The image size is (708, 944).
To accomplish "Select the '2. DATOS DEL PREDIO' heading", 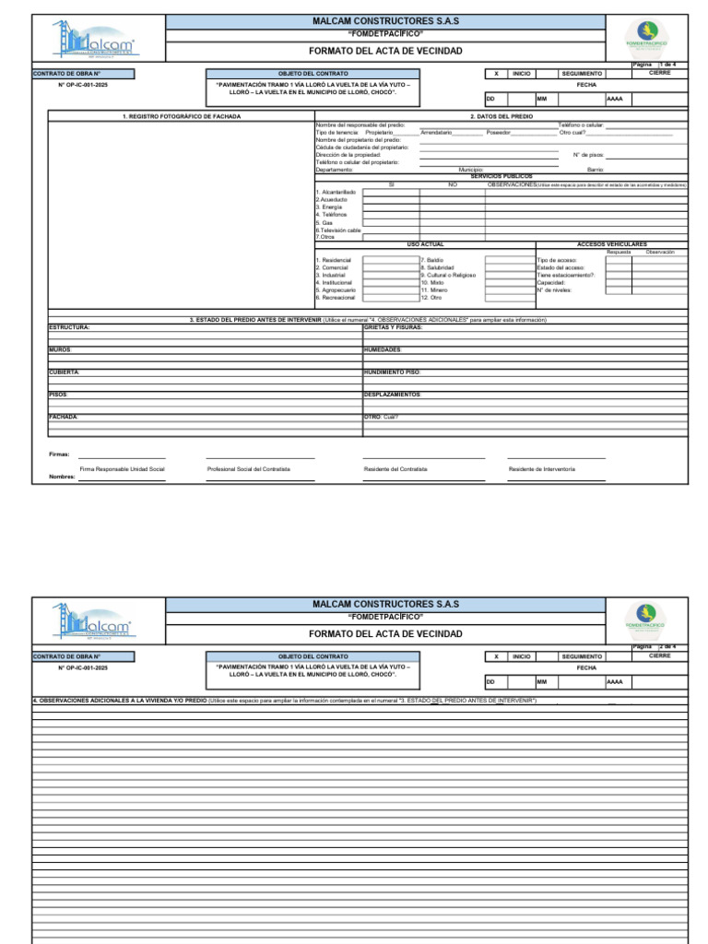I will click(501, 116).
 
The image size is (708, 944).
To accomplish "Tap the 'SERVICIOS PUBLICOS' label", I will click(501, 176).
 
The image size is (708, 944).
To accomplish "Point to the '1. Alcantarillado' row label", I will click(335, 192).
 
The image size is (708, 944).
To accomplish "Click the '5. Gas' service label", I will click(324, 222).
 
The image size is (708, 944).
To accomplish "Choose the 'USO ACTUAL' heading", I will click(425, 244).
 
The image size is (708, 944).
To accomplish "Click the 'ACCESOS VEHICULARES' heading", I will click(611, 244).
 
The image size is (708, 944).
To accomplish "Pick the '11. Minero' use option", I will click(434, 290).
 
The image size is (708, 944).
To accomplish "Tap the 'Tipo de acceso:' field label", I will click(557, 261).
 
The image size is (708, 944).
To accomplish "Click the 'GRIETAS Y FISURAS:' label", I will click(394, 327).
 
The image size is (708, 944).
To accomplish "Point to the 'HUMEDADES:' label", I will click(383, 349).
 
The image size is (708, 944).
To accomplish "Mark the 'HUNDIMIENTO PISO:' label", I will click(393, 372).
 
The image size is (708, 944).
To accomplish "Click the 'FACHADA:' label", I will click(64, 417).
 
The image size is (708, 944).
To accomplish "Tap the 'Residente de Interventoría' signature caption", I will click(542, 469).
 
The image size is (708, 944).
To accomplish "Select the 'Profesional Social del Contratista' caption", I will click(249, 469).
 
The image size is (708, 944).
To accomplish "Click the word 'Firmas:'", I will click(59, 454).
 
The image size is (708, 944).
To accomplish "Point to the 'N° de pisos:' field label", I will click(588, 155).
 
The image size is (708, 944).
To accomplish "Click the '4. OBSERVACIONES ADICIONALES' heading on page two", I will click(120, 701).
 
